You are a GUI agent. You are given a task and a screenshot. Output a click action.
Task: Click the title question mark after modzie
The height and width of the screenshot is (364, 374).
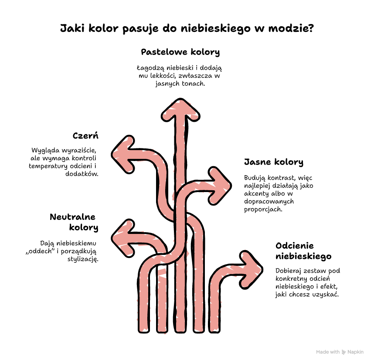310,28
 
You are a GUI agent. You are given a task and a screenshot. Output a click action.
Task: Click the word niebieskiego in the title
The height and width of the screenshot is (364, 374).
215,29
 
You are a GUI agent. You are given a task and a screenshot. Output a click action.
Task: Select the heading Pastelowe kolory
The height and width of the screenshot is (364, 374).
180,52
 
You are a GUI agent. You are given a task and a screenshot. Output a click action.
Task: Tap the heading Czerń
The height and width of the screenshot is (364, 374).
85,136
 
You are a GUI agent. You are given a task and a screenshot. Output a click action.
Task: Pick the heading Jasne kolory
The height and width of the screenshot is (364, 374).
274,162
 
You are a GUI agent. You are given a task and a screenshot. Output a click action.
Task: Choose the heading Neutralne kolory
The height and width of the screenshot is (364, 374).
74,222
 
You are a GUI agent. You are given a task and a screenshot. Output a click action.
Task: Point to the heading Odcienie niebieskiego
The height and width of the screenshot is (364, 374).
303,251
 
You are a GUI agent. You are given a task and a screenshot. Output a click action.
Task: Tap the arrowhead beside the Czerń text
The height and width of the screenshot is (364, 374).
123,154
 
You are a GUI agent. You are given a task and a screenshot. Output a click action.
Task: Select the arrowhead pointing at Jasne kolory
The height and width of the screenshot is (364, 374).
220,185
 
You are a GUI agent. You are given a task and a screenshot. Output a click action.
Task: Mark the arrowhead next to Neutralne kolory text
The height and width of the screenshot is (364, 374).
123,238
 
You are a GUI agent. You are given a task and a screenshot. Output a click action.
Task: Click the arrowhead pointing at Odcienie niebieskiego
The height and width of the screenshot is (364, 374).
251,270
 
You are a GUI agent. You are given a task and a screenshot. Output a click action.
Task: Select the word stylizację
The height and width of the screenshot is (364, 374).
83,259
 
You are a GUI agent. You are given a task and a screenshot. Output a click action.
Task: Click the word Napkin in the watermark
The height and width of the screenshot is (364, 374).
355,352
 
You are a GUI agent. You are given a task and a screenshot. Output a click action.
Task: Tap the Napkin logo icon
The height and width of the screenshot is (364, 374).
344,352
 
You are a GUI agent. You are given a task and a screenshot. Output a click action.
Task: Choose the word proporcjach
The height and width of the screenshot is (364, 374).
263,209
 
